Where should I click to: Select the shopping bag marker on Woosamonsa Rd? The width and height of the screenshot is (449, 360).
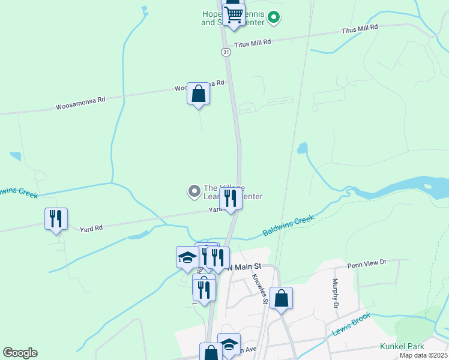click(198, 94)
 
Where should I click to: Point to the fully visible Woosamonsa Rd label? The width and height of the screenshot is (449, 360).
click(80, 103)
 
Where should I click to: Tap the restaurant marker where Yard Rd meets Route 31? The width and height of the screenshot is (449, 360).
click(231, 199)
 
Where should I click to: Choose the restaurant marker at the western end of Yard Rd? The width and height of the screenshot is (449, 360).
click(56, 220)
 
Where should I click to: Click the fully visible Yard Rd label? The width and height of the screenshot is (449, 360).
click(91, 228)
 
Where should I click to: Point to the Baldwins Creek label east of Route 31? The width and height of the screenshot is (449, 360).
click(288, 226)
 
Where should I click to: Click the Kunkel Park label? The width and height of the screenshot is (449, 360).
click(402, 346)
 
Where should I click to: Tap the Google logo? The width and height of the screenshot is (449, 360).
click(20, 353)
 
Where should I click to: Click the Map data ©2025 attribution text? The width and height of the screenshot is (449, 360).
click(423, 355)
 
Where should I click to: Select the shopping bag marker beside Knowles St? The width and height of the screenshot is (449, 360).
click(281, 298)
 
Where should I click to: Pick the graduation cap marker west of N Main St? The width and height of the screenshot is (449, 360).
click(187, 258)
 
